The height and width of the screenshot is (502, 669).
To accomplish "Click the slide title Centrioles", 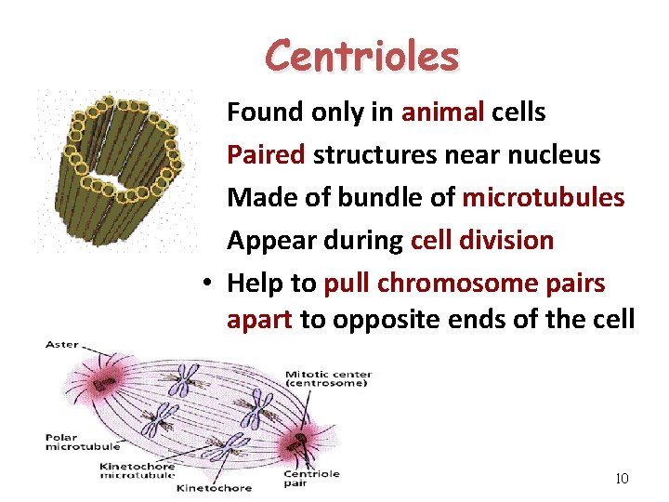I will tap(361, 56).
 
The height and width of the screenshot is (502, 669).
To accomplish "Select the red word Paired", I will tap(266, 155).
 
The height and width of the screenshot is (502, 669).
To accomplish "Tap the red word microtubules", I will tap(543, 198).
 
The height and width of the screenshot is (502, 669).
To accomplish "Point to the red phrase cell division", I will tap(481, 241).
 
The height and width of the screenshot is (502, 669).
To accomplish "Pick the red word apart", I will tap(260, 321).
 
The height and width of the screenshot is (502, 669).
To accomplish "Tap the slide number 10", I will tap(622, 479).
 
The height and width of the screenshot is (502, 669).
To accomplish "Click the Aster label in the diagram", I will tap(62, 345).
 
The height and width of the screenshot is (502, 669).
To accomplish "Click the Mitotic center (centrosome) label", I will tap(327, 379).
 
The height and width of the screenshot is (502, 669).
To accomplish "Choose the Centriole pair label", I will tap(311, 478).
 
